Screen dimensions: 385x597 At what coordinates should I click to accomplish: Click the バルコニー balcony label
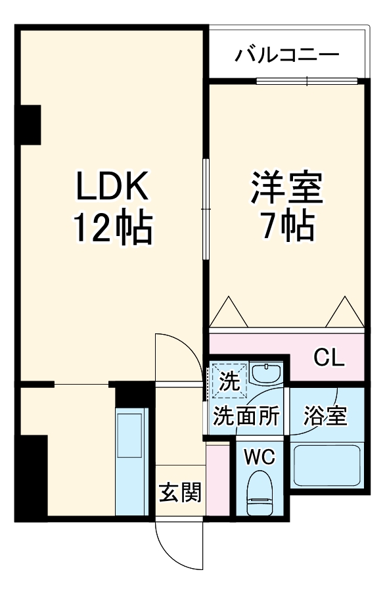(x=287, y=55)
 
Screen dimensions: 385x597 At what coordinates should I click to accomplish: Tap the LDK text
(x=112, y=185)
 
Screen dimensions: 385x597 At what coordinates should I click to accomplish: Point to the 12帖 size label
(x=113, y=228)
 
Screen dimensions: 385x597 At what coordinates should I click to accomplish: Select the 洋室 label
(x=286, y=187)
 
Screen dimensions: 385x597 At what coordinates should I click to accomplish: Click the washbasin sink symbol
(x=266, y=373)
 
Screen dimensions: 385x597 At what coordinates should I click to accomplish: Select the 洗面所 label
(x=246, y=416)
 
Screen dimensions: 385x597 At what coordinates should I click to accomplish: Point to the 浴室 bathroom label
(x=325, y=416)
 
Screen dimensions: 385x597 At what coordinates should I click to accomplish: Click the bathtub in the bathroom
(x=327, y=466)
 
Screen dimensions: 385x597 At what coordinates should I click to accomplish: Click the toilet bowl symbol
(x=260, y=493)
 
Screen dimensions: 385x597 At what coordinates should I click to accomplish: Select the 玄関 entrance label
(x=180, y=493)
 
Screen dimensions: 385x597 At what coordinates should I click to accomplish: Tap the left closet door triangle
(x=229, y=312)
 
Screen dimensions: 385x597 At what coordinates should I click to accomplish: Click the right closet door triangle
(x=345, y=312)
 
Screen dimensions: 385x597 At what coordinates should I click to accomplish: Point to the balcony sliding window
(x=307, y=81)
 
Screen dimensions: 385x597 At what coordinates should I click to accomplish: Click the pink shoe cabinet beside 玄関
(x=218, y=479)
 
